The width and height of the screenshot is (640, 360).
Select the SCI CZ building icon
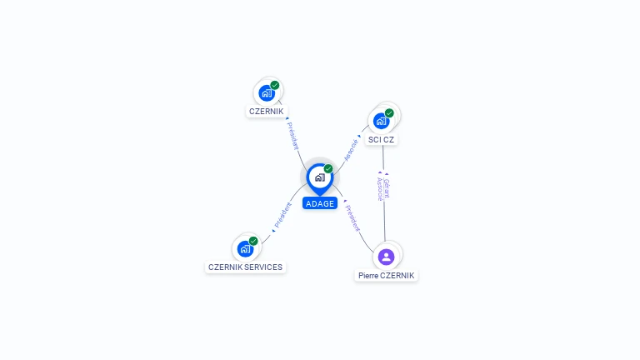pyautogui.click(x=382, y=120)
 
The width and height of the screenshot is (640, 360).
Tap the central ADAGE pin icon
pyautogui.click(x=319, y=177)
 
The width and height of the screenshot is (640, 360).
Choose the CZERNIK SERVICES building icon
pyautogui.click(x=245, y=248)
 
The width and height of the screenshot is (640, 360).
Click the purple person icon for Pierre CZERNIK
pyautogui.click(x=386, y=257)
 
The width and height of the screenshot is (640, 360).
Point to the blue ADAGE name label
pyautogui.click(x=320, y=203)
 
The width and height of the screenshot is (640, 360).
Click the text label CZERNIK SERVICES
pyautogui.click(x=245, y=267)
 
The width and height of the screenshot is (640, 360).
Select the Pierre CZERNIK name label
pyautogui.click(x=386, y=275)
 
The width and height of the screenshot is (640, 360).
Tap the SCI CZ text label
pyautogui.click(x=381, y=139)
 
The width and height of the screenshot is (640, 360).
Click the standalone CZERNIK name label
pyautogui.click(x=267, y=111)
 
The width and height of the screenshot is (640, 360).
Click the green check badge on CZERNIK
pyautogui.click(x=275, y=85)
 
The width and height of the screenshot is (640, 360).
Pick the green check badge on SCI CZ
pyautogui.click(x=389, y=113)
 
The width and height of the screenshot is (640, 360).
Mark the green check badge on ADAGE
pyautogui.click(x=328, y=168)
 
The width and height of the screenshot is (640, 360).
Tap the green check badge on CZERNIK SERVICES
pyautogui.click(x=253, y=241)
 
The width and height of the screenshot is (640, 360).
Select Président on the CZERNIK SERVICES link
pyautogui.click(x=282, y=216)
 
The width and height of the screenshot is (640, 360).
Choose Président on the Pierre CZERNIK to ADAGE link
pyautogui.click(x=353, y=218)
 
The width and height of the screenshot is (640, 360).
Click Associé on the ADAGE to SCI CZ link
pyautogui.click(x=352, y=148)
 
